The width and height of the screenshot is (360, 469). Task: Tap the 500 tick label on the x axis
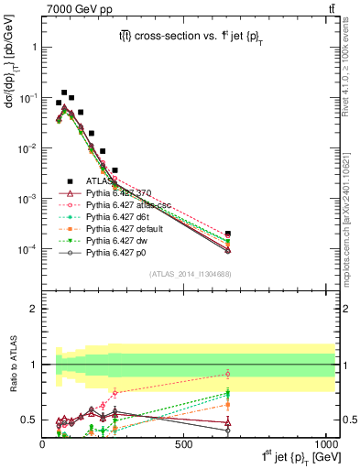point(184,444)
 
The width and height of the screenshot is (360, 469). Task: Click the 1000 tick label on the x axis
point(325,444)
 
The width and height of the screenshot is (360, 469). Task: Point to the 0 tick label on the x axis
point(43,444)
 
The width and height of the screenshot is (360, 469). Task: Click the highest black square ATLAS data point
point(64,93)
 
